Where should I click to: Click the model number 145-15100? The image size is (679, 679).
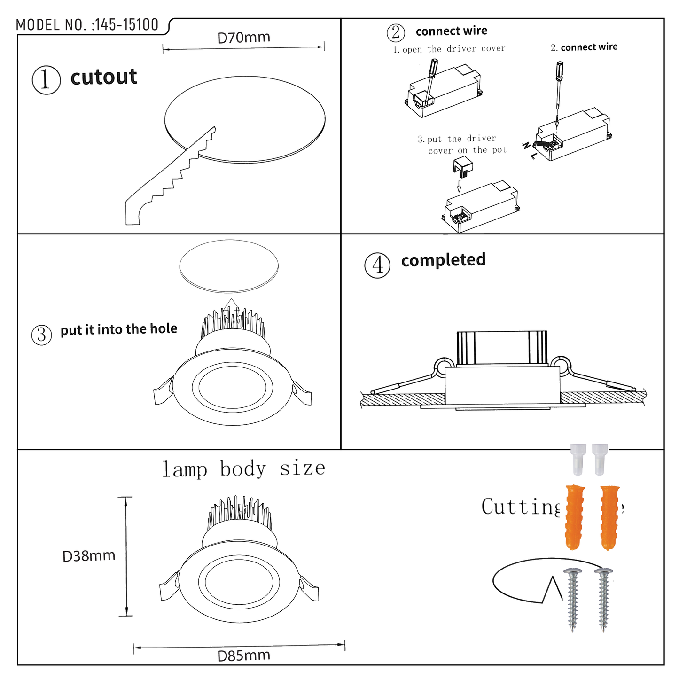coord(126,25)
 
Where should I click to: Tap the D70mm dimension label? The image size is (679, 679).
coord(243,38)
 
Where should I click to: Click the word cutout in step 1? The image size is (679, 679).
coord(103,77)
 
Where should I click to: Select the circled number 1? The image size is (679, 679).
coord(46,80)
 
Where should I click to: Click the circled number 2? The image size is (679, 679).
coord(396,32)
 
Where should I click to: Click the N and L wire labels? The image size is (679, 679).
coord(529,150)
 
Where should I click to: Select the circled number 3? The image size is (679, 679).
coord(41,335)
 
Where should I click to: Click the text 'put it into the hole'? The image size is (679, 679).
coord(119,329)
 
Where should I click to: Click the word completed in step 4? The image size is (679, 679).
coord(443,260)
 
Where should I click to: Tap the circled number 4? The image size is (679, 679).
coord(377,265)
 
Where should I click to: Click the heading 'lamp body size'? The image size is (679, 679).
coord(243,469)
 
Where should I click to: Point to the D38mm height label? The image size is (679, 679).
coord(89,556)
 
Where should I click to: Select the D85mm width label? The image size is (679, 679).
coord(243,656)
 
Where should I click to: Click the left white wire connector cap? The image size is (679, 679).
coord(578,459)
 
